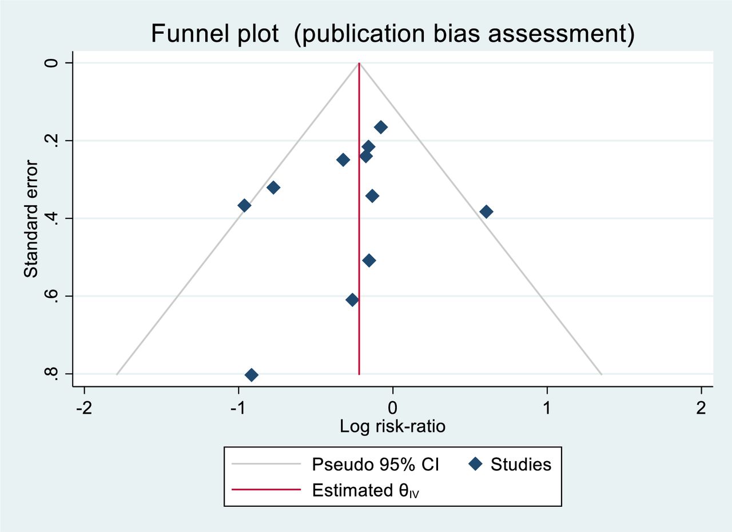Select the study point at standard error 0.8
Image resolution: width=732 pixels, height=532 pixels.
251,375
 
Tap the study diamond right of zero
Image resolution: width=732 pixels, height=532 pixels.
486,212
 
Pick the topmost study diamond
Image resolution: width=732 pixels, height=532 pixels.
380,127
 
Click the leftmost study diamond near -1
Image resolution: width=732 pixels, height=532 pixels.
244,206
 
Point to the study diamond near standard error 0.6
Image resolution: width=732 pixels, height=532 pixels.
352,300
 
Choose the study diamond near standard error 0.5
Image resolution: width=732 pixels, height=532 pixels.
369,261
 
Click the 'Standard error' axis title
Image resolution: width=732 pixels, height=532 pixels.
31,219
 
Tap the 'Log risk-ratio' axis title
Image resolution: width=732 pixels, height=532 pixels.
392,426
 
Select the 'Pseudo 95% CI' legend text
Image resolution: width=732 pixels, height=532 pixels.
375,464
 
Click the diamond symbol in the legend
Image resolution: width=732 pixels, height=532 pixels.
474,464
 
